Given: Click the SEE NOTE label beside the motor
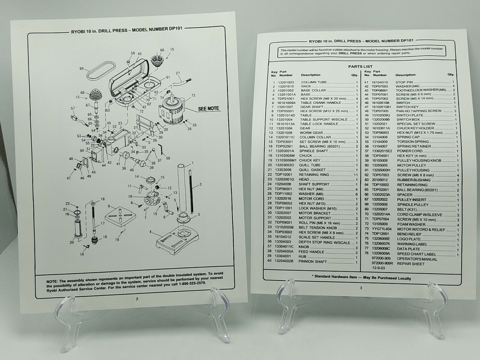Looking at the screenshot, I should point(208,108).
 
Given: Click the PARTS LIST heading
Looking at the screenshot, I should point(360,67).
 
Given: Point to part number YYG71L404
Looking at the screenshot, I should point(382,229).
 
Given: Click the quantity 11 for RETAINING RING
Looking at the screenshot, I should point(356,175).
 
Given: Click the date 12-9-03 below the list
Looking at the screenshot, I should point(379,268).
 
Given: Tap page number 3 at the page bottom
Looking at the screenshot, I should point(361,288).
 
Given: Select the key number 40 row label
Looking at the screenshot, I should point(269,261).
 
